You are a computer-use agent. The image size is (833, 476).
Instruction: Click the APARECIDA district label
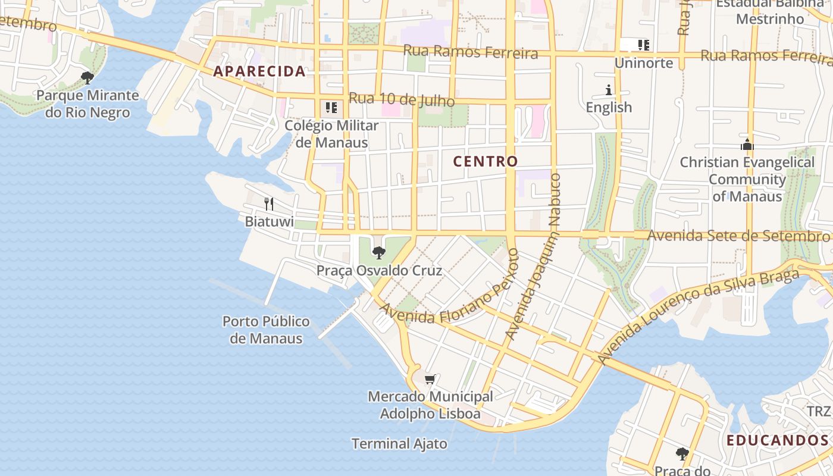pyautogui.click(x=259, y=71)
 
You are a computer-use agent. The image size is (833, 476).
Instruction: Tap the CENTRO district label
pyautogui.click(x=486, y=161)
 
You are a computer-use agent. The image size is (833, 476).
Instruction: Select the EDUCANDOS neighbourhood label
pyautogui.click(x=778, y=440)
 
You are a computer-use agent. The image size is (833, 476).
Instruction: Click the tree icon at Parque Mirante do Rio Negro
pyautogui.click(x=87, y=77)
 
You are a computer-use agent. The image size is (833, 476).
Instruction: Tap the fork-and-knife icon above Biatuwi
pyautogui.click(x=269, y=204)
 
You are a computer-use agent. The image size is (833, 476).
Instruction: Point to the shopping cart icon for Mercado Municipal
pyautogui.click(x=430, y=379)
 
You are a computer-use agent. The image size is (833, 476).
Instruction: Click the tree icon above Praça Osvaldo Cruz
pyautogui.click(x=378, y=252)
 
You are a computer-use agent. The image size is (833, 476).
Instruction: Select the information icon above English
pyautogui.click(x=609, y=90)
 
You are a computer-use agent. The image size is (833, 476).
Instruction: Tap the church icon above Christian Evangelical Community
pyautogui.click(x=747, y=145)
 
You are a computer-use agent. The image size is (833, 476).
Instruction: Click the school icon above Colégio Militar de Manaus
pyautogui.click(x=331, y=108)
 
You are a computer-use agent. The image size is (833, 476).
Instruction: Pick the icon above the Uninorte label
pyautogui.click(x=643, y=45)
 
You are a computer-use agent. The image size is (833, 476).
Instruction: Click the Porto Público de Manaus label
pyautogui.click(x=266, y=330)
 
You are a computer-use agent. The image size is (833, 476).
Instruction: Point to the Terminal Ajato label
pyautogui.click(x=399, y=444)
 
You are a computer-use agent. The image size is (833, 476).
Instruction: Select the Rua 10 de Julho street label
pyautogui.click(x=402, y=99)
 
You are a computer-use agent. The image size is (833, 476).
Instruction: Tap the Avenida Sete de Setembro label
pyautogui.click(x=734, y=236)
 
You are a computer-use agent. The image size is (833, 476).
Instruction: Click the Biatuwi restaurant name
pyautogui.click(x=269, y=221)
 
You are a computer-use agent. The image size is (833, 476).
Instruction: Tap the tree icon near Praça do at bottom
pyautogui.click(x=682, y=454)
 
